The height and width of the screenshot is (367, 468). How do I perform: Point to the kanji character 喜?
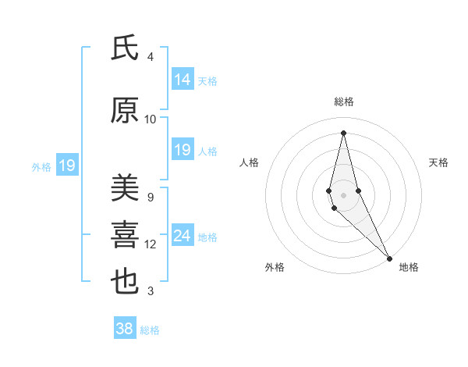[125, 235]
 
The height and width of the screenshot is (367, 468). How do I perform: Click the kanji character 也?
[125, 282]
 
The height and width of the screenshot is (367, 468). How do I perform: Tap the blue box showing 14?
[183, 80]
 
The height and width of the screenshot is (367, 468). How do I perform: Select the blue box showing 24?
[183, 236]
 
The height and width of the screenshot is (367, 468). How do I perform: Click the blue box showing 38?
[125, 329]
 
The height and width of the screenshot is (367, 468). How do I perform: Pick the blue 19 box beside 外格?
[66, 166]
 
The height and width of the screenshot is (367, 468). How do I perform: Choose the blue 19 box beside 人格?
[183, 150]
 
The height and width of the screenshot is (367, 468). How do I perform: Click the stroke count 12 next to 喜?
[151, 244]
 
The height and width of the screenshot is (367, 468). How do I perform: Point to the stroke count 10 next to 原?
[151, 119]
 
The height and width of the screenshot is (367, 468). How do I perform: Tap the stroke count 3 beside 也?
[151, 291]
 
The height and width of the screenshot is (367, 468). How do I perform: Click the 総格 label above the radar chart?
[343, 102]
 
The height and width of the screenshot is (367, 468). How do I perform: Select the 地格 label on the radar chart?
[409, 267]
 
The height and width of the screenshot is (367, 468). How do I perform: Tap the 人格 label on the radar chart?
[250, 162]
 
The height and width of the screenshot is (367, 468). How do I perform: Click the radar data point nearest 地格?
[389, 258]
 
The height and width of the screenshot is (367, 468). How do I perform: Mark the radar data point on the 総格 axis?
[343, 132]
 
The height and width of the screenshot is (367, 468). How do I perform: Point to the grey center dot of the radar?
[343, 194]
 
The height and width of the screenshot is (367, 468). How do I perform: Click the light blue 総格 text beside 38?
[150, 330]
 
